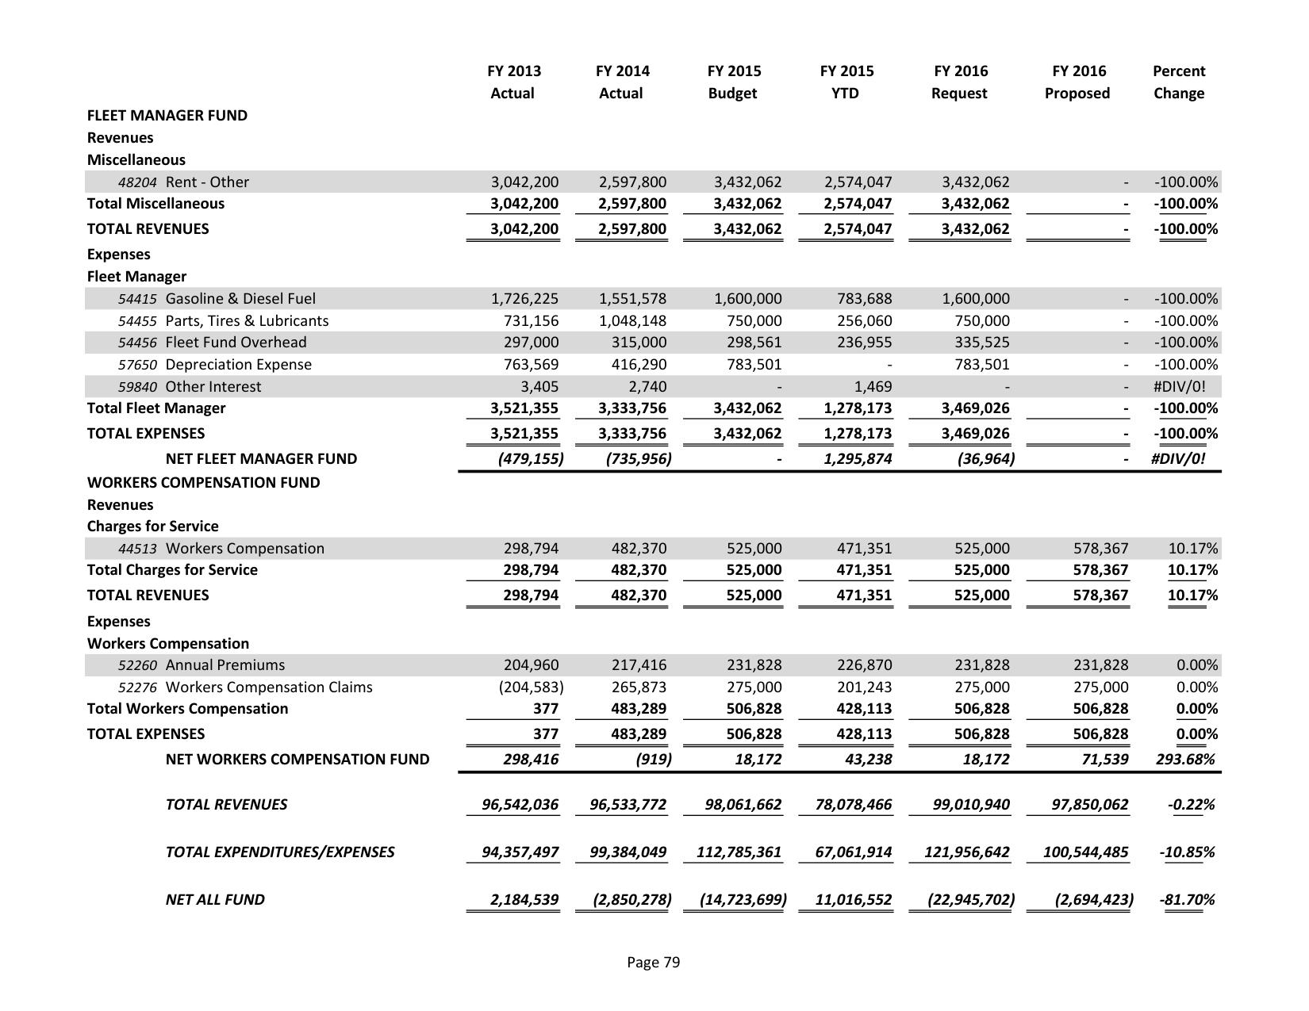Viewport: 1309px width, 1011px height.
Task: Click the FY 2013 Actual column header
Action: pyautogui.click(x=513, y=82)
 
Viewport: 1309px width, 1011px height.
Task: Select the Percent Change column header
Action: pyautogui.click(x=1178, y=82)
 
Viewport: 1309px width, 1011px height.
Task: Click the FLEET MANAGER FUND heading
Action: pyautogui.click(x=167, y=115)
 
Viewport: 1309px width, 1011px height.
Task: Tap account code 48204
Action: pyautogui.click(x=137, y=182)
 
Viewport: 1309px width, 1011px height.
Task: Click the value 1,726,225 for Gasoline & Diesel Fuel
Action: pyautogui.click(x=524, y=299)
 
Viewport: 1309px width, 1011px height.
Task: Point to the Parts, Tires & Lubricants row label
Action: pyautogui.click(x=247, y=321)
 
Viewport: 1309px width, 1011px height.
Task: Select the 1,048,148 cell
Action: pyautogui.click(x=632, y=321)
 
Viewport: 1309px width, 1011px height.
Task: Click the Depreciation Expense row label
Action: pyautogui.click(x=238, y=365)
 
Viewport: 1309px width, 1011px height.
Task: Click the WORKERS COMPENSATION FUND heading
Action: pyautogui.click(x=203, y=482)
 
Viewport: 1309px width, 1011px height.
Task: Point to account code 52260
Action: pyautogui.click(x=137, y=665)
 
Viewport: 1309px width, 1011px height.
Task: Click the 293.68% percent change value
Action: pyautogui.click(x=1186, y=760)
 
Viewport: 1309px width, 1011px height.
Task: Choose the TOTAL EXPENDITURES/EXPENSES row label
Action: pyautogui.click(x=279, y=852)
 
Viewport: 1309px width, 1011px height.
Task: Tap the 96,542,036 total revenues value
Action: pyautogui.click(x=520, y=805)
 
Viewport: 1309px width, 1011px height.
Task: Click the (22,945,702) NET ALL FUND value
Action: pyautogui.click(x=971, y=900)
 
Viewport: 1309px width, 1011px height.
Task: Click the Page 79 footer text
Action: pyautogui.click(x=653, y=963)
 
